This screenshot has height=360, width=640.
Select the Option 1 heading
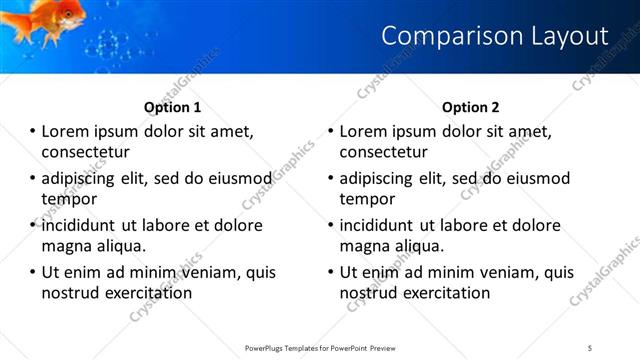[173, 107]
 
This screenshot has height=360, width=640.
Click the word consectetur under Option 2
[384, 152]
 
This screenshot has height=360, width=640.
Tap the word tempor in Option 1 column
[69, 198]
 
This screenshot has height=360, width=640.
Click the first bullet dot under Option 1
[32, 132]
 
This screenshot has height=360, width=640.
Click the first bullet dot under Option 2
[330, 132]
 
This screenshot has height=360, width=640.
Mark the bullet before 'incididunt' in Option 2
[330, 226]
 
